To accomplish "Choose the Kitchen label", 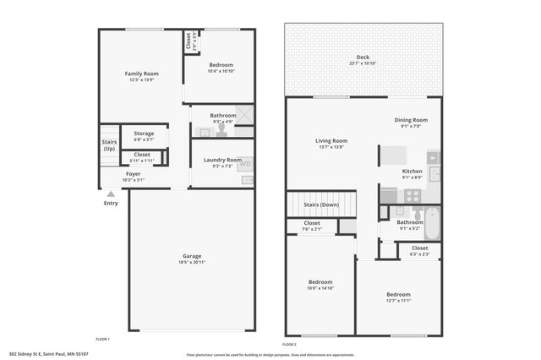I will click(x=412, y=174).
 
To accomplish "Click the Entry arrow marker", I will click(x=111, y=194).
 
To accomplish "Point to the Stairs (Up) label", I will click(x=109, y=145).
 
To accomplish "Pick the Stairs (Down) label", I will click(x=320, y=205).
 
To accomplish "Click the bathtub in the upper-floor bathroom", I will click(x=431, y=222).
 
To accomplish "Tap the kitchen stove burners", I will click(x=413, y=195).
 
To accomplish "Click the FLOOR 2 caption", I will click(x=289, y=345).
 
